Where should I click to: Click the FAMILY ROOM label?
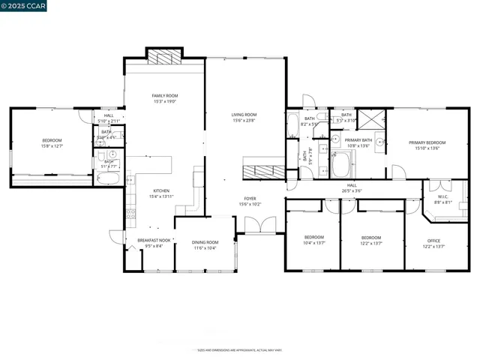(x=165, y=96)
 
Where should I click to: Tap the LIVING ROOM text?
(x=244, y=114)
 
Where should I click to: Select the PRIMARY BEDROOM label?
(x=427, y=142)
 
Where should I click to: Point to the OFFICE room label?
(x=434, y=241)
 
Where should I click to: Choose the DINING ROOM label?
(x=205, y=242)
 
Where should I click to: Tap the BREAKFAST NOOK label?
(x=154, y=240)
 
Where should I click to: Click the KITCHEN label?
(x=162, y=190)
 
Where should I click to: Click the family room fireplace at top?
(x=163, y=57)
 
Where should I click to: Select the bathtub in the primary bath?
(x=343, y=163)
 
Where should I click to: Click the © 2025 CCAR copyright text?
(x=25, y=7)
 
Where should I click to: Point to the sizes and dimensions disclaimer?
(x=239, y=350)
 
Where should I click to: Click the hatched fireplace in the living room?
(x=263, y=170)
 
